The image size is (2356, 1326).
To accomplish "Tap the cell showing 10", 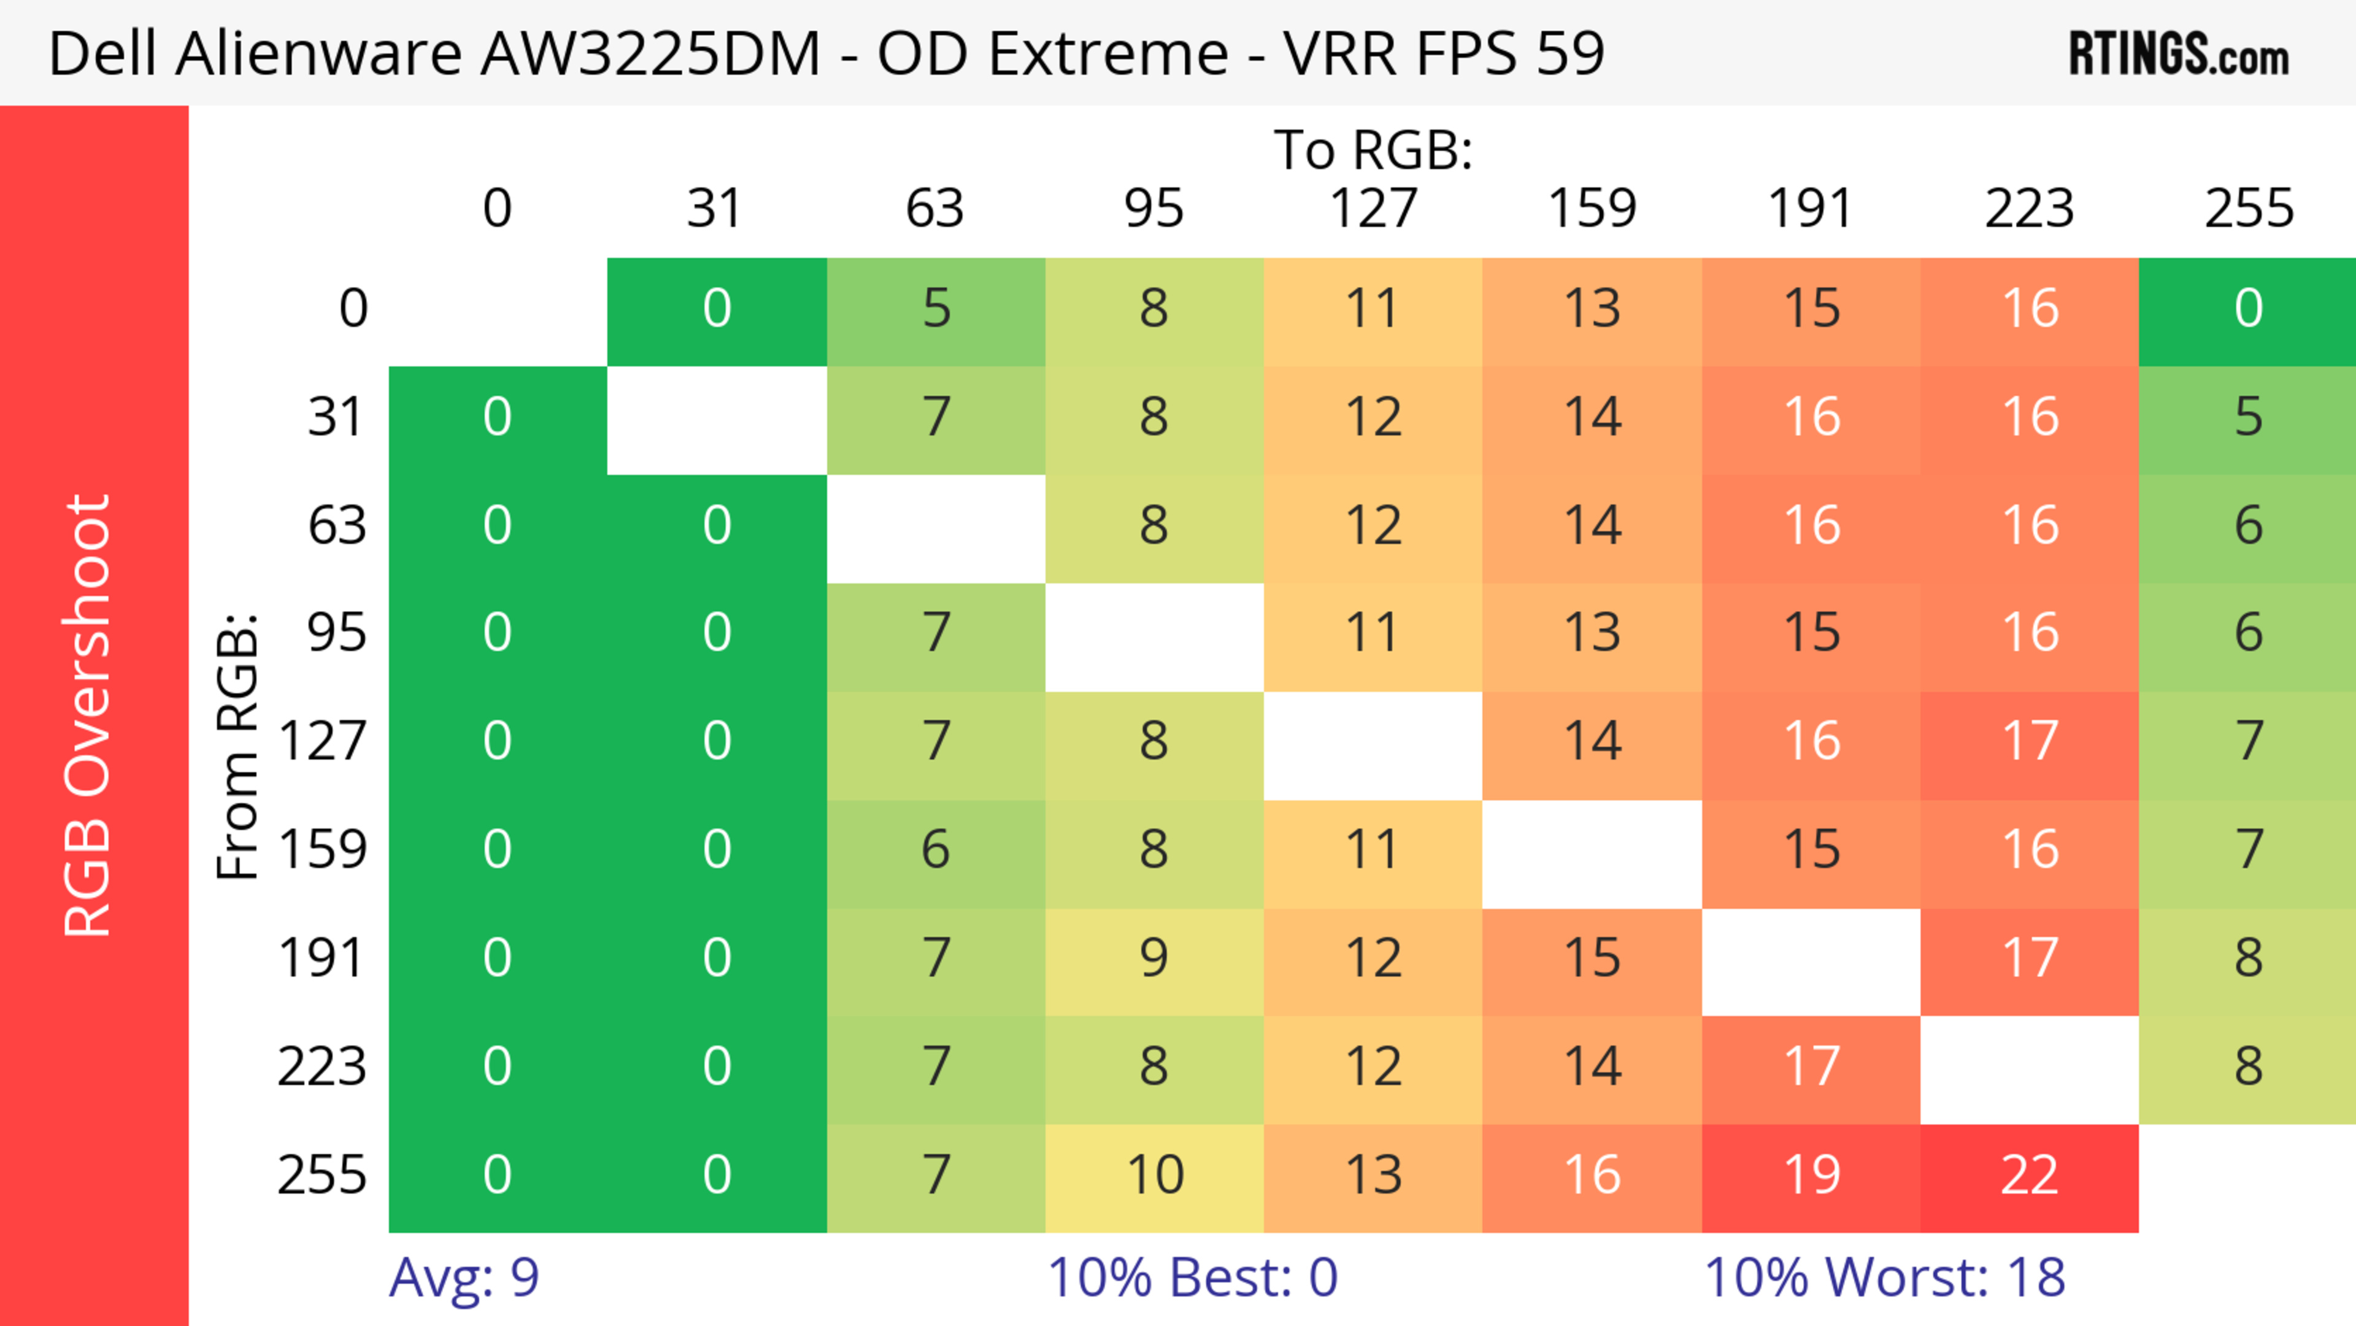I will (1154, 1176).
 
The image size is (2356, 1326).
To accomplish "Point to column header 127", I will (1373, 209).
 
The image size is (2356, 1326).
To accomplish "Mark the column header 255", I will (2248, 209).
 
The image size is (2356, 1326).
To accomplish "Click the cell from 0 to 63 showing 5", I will (936, 309).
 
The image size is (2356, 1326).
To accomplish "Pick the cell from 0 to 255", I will (2248, 309).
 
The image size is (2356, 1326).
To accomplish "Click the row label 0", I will (353, 309).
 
